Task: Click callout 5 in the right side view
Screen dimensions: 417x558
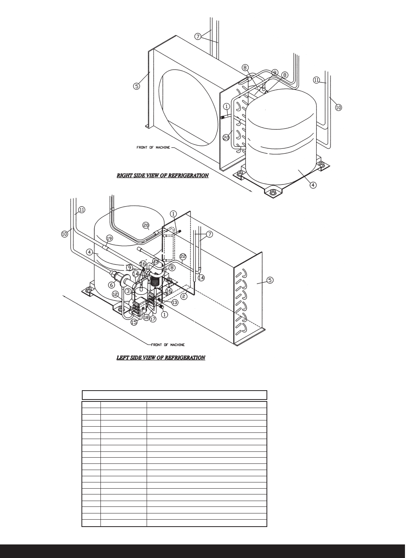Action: point(137,86)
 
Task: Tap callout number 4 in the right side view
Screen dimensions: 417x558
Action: point(313,185)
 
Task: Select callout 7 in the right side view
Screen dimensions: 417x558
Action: point(198,36)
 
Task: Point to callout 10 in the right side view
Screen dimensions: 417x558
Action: point(338,108)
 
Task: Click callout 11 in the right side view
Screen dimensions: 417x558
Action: point(316,80)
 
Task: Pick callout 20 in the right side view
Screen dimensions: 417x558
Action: point(226,138)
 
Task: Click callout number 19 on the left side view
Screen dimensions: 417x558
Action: point(109,238)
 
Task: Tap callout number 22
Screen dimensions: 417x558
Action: point(183,256)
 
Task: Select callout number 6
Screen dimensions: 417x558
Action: point(112,285)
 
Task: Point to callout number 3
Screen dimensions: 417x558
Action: point(128,291)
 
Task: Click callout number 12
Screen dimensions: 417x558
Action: point(115,294)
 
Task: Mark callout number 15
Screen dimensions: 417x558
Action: point(134,322)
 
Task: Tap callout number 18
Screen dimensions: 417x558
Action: point(146,318)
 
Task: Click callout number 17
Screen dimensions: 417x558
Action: point(153,319)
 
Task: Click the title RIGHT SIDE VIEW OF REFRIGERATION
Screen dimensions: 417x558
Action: point(163,176)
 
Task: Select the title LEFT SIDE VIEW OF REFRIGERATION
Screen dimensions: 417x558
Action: point(161,357)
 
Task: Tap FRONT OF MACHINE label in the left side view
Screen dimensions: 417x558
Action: point(168,345)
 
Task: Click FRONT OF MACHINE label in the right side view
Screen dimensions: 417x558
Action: point(153,148)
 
